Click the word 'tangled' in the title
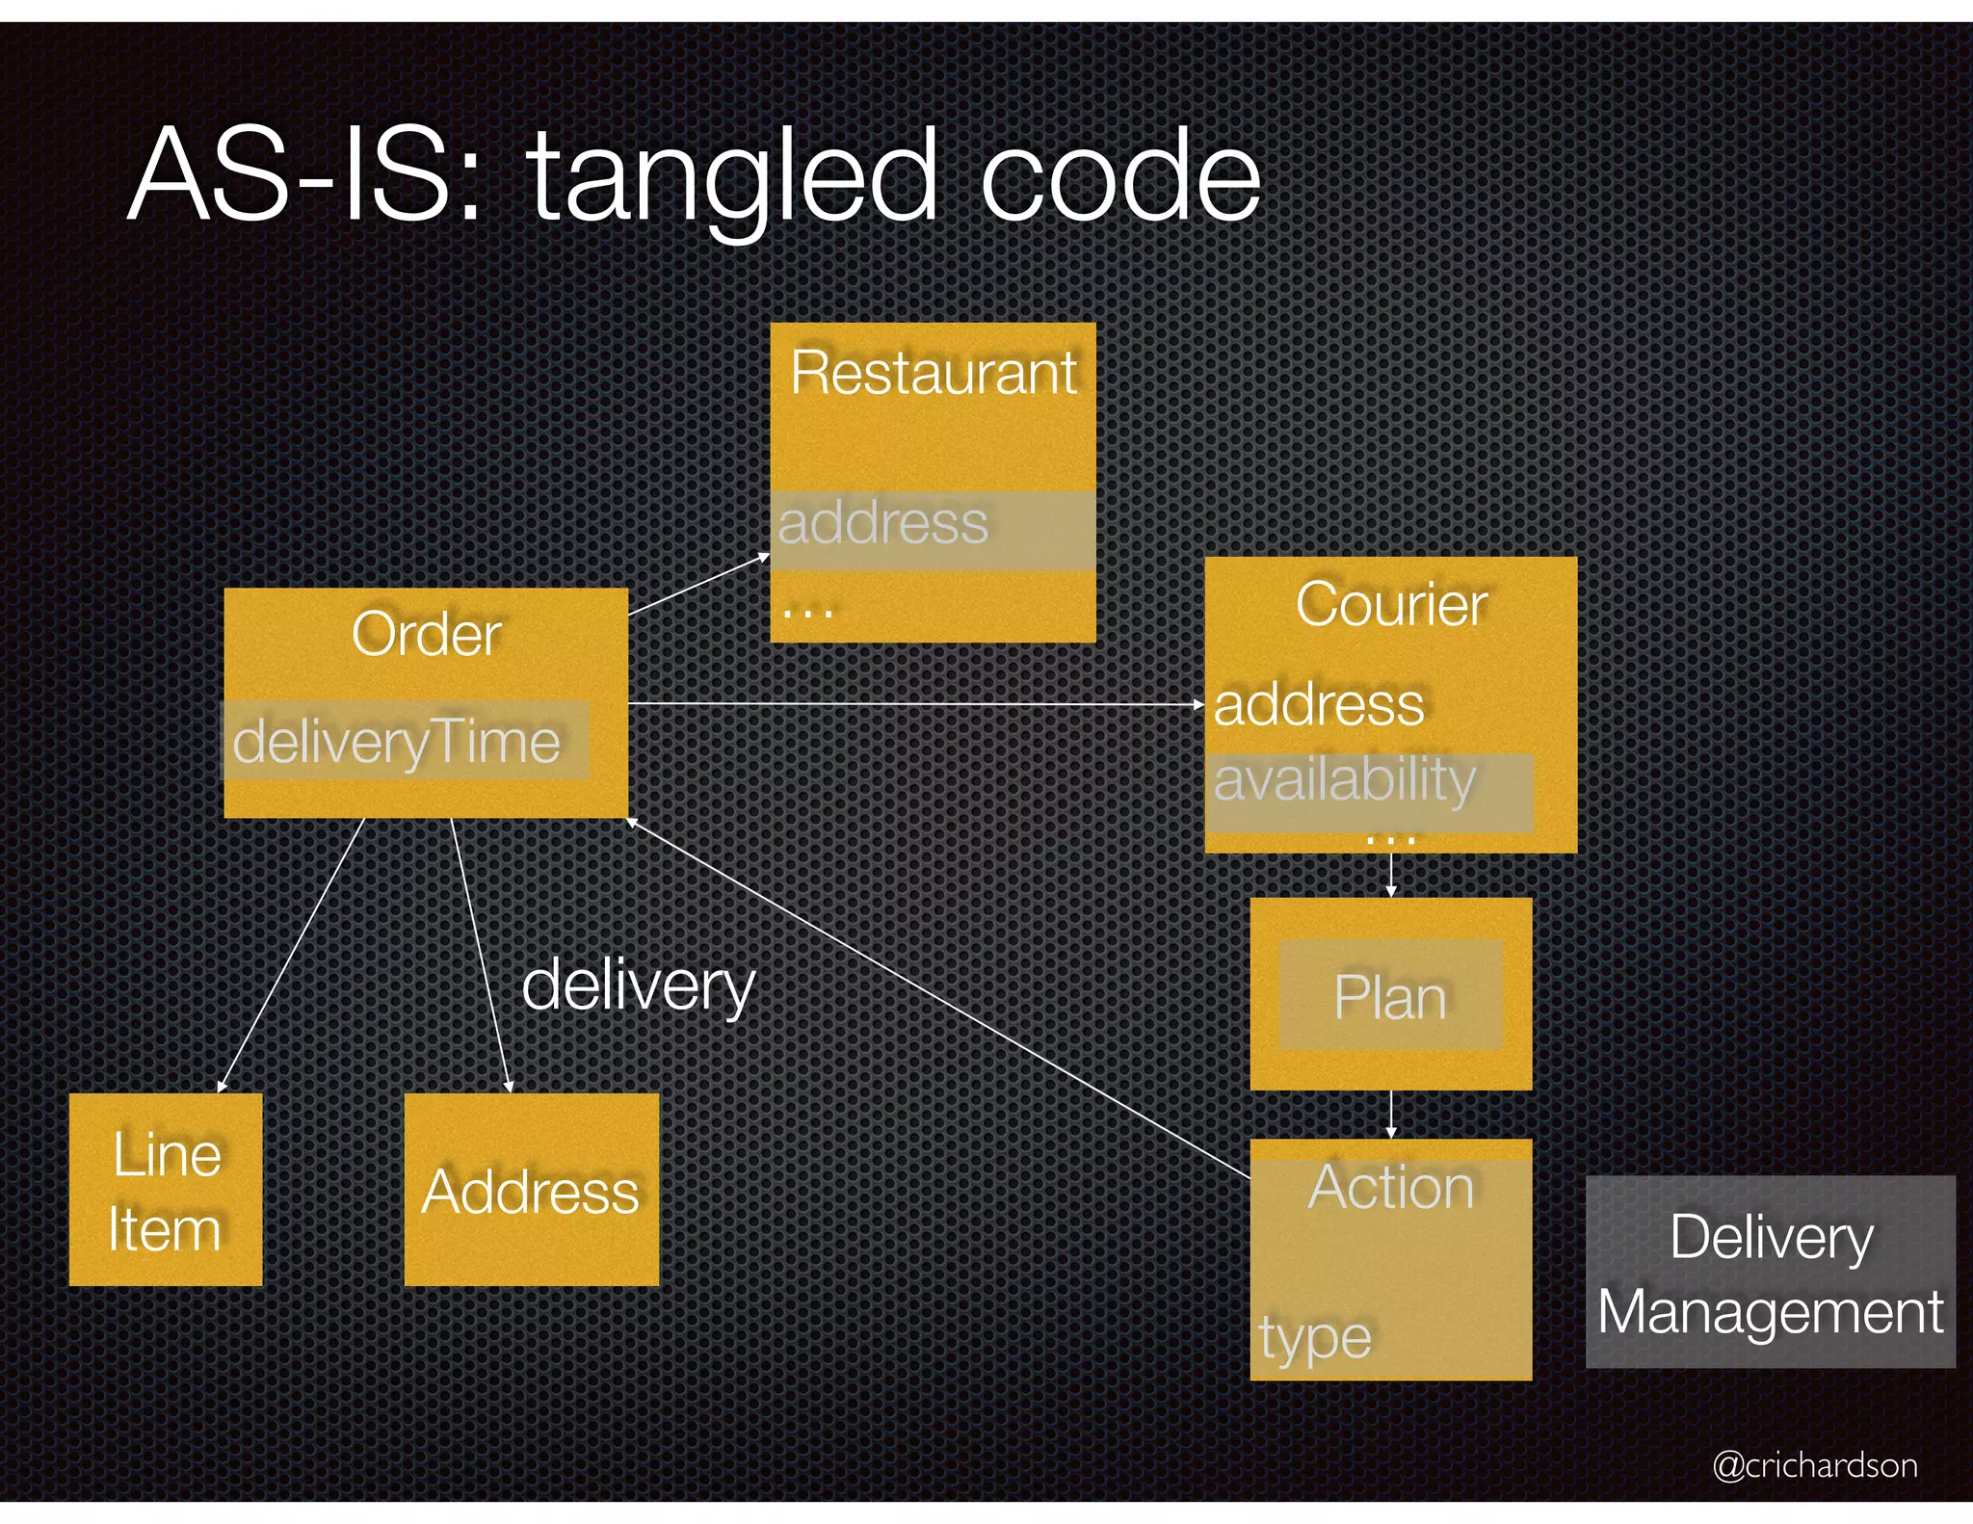(x=732, y=178)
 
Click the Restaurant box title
(x=933, y=373)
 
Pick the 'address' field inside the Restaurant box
(x=883, y=524)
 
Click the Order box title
(x=426, y=635)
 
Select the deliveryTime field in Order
(x=397, y=742)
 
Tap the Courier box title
(x=1390, y=605)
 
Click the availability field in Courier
(x=1345, y=780)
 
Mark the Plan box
(x=1390, y=996)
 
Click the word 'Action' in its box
(x=1390, y=1187)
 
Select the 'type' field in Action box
(x=1315, y=1337)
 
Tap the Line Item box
(x=166, y=1190)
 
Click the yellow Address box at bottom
(x=531, y=1192)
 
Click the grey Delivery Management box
(x=1770, y=1273)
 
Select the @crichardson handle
(x=1814, y=1465)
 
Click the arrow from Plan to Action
(x=1390, y=1115)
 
